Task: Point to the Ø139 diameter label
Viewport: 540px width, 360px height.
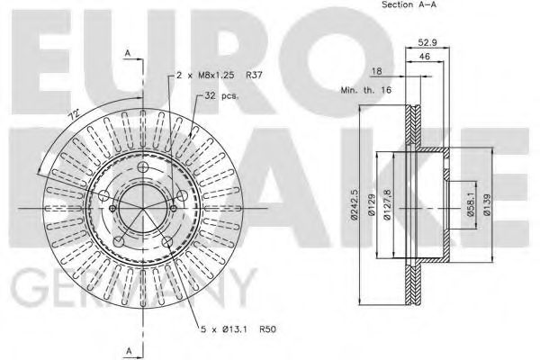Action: click(x=487, y=207)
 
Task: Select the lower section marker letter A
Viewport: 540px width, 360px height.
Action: click(x=129, y=349)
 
